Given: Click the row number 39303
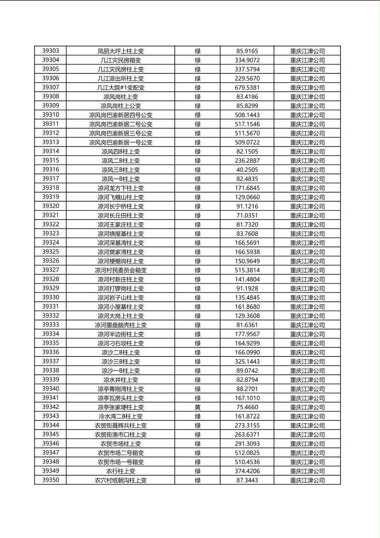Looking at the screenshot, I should (51, 51).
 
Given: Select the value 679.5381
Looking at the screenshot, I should (247, 87).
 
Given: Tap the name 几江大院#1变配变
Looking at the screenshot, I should (121, 87).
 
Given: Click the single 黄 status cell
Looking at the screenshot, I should (198, 407).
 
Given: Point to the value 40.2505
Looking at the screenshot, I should (247, 170).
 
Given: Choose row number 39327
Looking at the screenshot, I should (51, 270).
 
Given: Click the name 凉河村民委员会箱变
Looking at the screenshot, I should (121, 270).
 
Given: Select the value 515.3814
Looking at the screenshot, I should (247, 270).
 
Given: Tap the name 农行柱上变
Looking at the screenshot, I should (121, 471).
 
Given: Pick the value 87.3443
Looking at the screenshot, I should (247, 480).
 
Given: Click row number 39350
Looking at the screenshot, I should (51, 480).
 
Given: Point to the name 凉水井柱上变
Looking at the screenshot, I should (121, 380).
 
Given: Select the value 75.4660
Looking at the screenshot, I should (247, 407).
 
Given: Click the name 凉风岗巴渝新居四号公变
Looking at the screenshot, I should (121, 115).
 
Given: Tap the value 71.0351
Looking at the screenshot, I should (247, 215).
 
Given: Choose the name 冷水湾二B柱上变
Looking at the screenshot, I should (121, 417).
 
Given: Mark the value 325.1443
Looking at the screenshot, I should (247, 362).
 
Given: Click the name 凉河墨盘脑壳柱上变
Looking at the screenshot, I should (121, 325).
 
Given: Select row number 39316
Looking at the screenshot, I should (51, 170).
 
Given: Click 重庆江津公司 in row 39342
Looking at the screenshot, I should (307, 407).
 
